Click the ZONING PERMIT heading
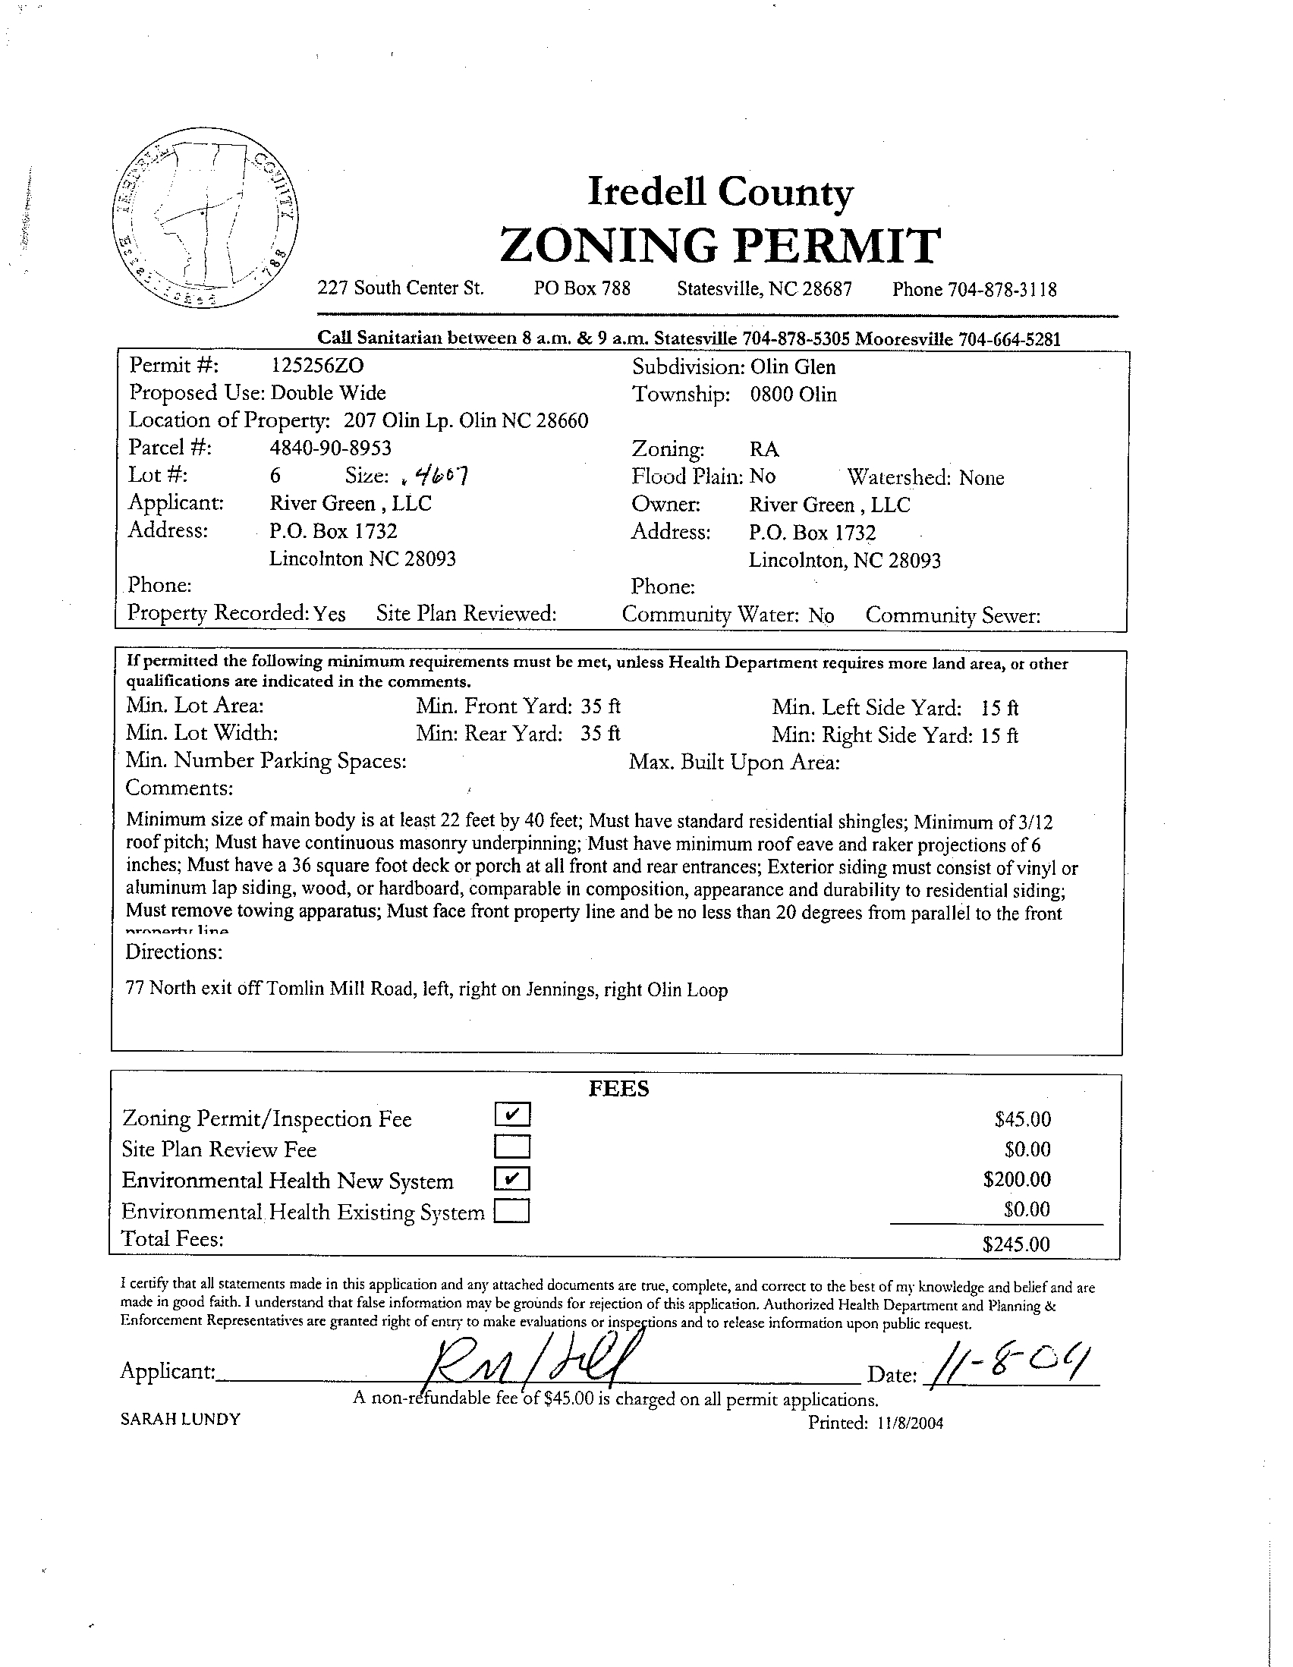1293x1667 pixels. pyautogui.click(x=720, y=246)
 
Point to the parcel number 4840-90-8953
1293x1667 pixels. pyautogui.click(x=331, y=447)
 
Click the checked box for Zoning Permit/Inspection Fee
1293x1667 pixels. pyautogui.click(x=511, y=1115)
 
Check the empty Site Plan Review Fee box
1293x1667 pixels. pyautogui.click(x=511, y=1147)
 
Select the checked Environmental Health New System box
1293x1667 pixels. pyautogui.click(x=511, y=1179)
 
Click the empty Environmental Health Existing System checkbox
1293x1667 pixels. pyautogui.click(x=511, y=1211)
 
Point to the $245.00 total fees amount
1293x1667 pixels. pyautogui.click(x=1016, y=1245)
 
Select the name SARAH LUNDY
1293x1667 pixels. pyautogui.click(x=180, y=1419)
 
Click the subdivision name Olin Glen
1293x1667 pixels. pyautogui.click(x=793, y=367)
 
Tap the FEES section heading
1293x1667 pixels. pyautogui.click(x=618, y=1088)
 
